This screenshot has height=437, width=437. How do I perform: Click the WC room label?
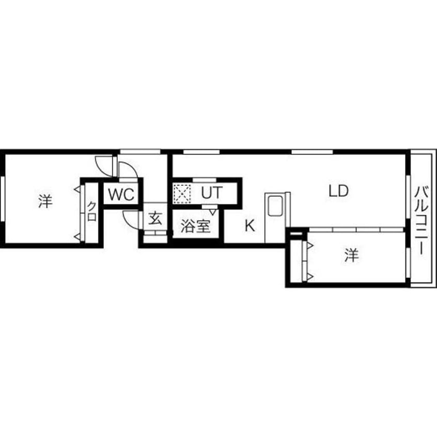[x=121, y=194]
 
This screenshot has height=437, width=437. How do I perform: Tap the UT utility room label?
[x=212, y=192]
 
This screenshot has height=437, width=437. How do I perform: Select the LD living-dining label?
[x=338, y=191]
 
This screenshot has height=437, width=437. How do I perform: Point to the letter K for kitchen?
[x=249, y=225]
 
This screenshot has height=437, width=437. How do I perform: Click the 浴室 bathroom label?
[x=195, y=226]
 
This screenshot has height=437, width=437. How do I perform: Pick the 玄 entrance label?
[x=155, y=218]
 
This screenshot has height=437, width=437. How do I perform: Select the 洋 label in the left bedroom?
[x=45, y=201]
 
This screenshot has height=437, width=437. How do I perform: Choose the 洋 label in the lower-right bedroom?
[x=351, y=255]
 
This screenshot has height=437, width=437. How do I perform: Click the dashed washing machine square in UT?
[x=182, y=193]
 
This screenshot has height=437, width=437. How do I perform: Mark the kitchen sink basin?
[x=275, y=206]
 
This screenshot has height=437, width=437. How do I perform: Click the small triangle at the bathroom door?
[x=213, y=212]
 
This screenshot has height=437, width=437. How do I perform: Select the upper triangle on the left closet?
[x=77, y=190]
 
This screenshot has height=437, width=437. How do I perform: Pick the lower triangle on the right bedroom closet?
[x=310, y=277]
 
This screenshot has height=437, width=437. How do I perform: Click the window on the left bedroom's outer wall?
[x=2, y=199]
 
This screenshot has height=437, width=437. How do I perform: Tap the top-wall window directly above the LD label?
[x=312, y=152]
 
